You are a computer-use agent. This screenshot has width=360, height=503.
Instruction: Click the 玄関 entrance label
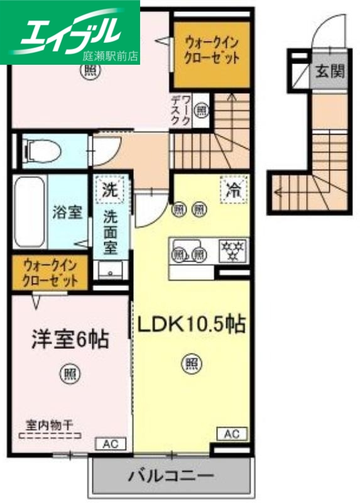point(329,72)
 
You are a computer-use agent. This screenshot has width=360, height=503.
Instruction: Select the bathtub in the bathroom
point(29,211)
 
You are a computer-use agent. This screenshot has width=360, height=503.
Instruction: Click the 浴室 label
point(67,212)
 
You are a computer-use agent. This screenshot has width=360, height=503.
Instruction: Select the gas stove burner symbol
point(232,250)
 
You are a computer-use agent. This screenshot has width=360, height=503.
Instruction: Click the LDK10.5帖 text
point(191,324)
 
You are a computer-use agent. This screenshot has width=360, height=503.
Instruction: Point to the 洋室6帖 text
point(70,340)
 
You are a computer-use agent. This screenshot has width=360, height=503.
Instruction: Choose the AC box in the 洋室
point(110,445)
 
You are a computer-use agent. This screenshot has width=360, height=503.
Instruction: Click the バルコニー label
point(172,475)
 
